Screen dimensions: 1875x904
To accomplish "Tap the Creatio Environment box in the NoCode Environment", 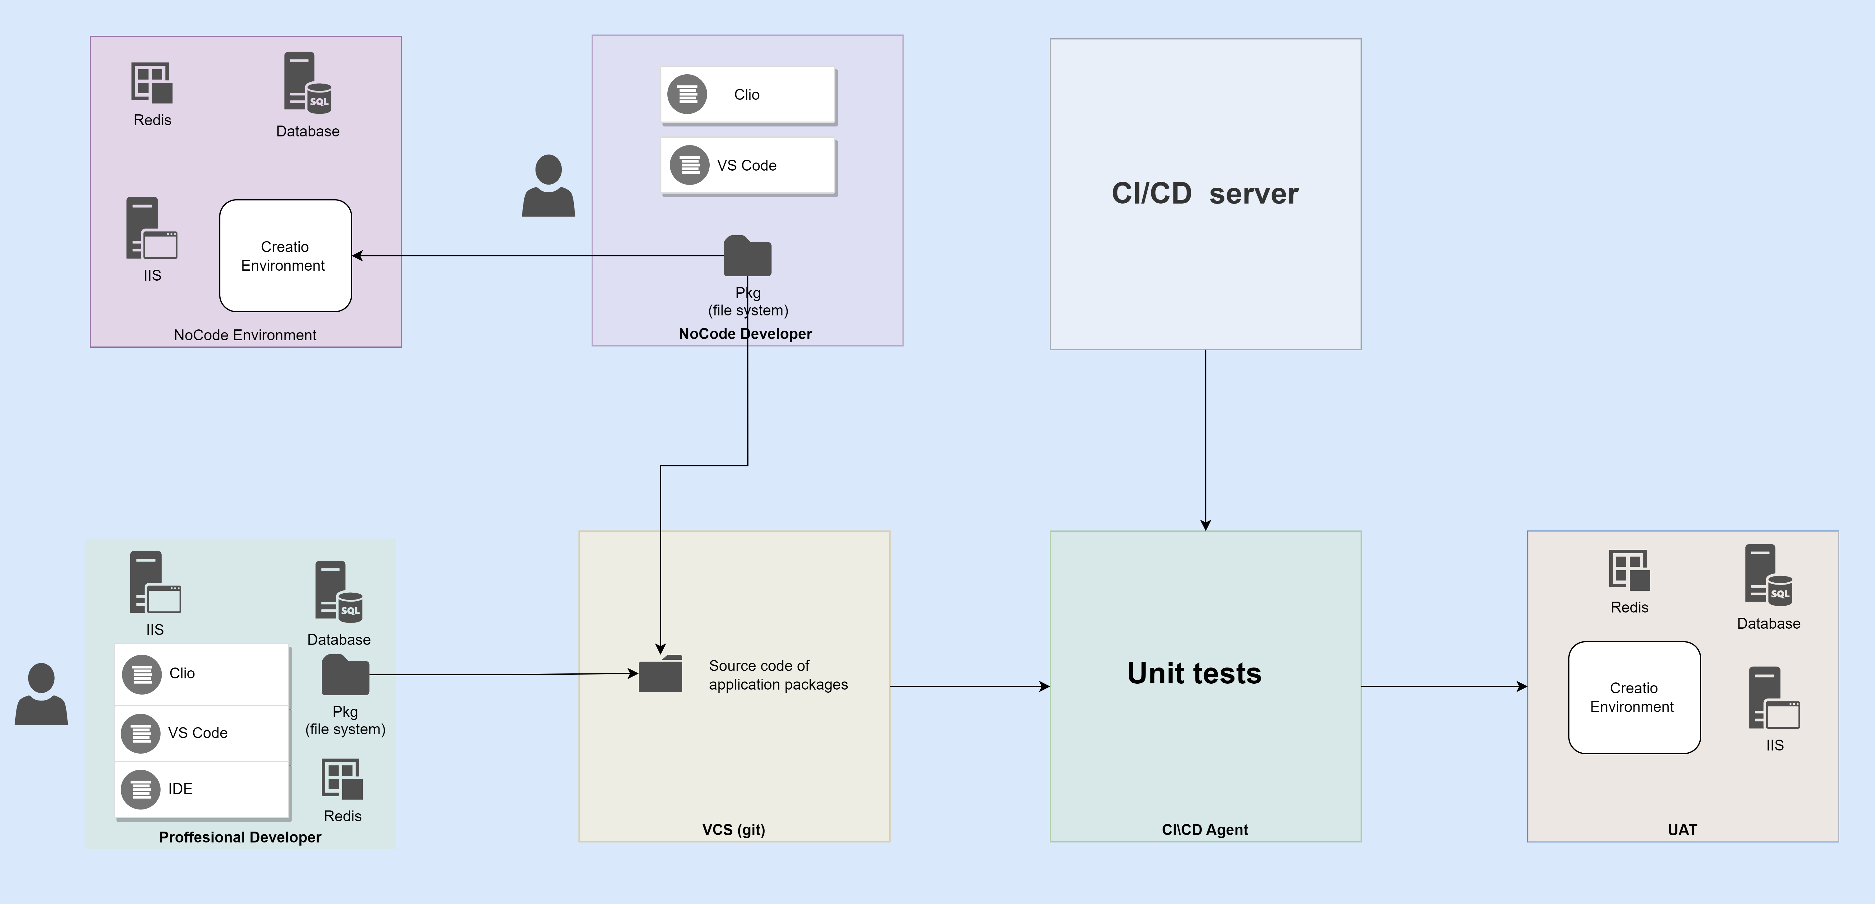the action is point(285,255).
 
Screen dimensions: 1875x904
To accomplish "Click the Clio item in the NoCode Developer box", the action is point(748,94).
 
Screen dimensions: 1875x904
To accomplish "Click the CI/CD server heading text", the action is point(1205,194).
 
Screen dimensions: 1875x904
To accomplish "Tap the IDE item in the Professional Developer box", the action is point(202,789).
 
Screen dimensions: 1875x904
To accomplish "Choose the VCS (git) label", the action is point(734,830).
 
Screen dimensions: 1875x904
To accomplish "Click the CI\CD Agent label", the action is point(1205,830).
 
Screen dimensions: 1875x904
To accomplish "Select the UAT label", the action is point(1682,830).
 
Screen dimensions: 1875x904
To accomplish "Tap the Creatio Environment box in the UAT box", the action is point(1634,697).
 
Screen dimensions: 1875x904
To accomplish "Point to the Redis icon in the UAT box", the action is point(1629,570).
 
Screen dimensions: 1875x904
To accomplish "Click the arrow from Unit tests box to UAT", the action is point(1444,686).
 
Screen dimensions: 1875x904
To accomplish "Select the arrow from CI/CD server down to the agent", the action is point(1205,440).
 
